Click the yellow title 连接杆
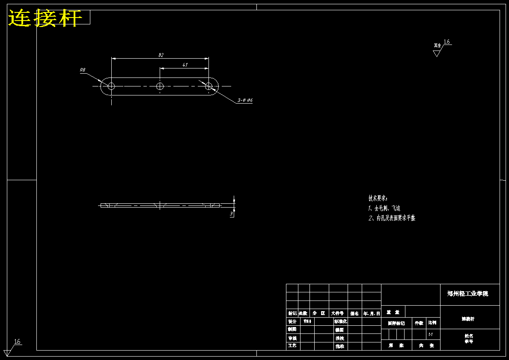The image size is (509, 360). (x=45, y=18)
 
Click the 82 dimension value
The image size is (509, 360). (x=161, y=55)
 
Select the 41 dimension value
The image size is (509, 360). (x=185, y=65)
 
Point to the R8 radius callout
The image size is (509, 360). (x=83, y=70)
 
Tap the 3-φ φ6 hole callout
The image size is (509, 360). (x=245, y=100)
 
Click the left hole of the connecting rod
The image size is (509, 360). (x=111, y=86)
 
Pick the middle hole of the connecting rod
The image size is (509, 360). (x=160, y=86)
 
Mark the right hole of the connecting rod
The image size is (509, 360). (x=208, y=86)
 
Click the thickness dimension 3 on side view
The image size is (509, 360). (x=231, y=213)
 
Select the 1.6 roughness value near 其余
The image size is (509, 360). (x=446, y=42)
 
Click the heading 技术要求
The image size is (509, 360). (x=378, y=198)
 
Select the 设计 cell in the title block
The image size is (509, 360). (x=292, y=321)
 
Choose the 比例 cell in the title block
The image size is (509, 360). (x=433, y=323)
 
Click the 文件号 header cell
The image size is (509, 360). (x=337, y=313)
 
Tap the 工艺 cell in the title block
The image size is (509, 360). (x=292, y=345)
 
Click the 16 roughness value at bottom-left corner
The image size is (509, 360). (x=17, y=342)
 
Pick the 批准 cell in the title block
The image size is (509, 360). (x=340, y=346)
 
